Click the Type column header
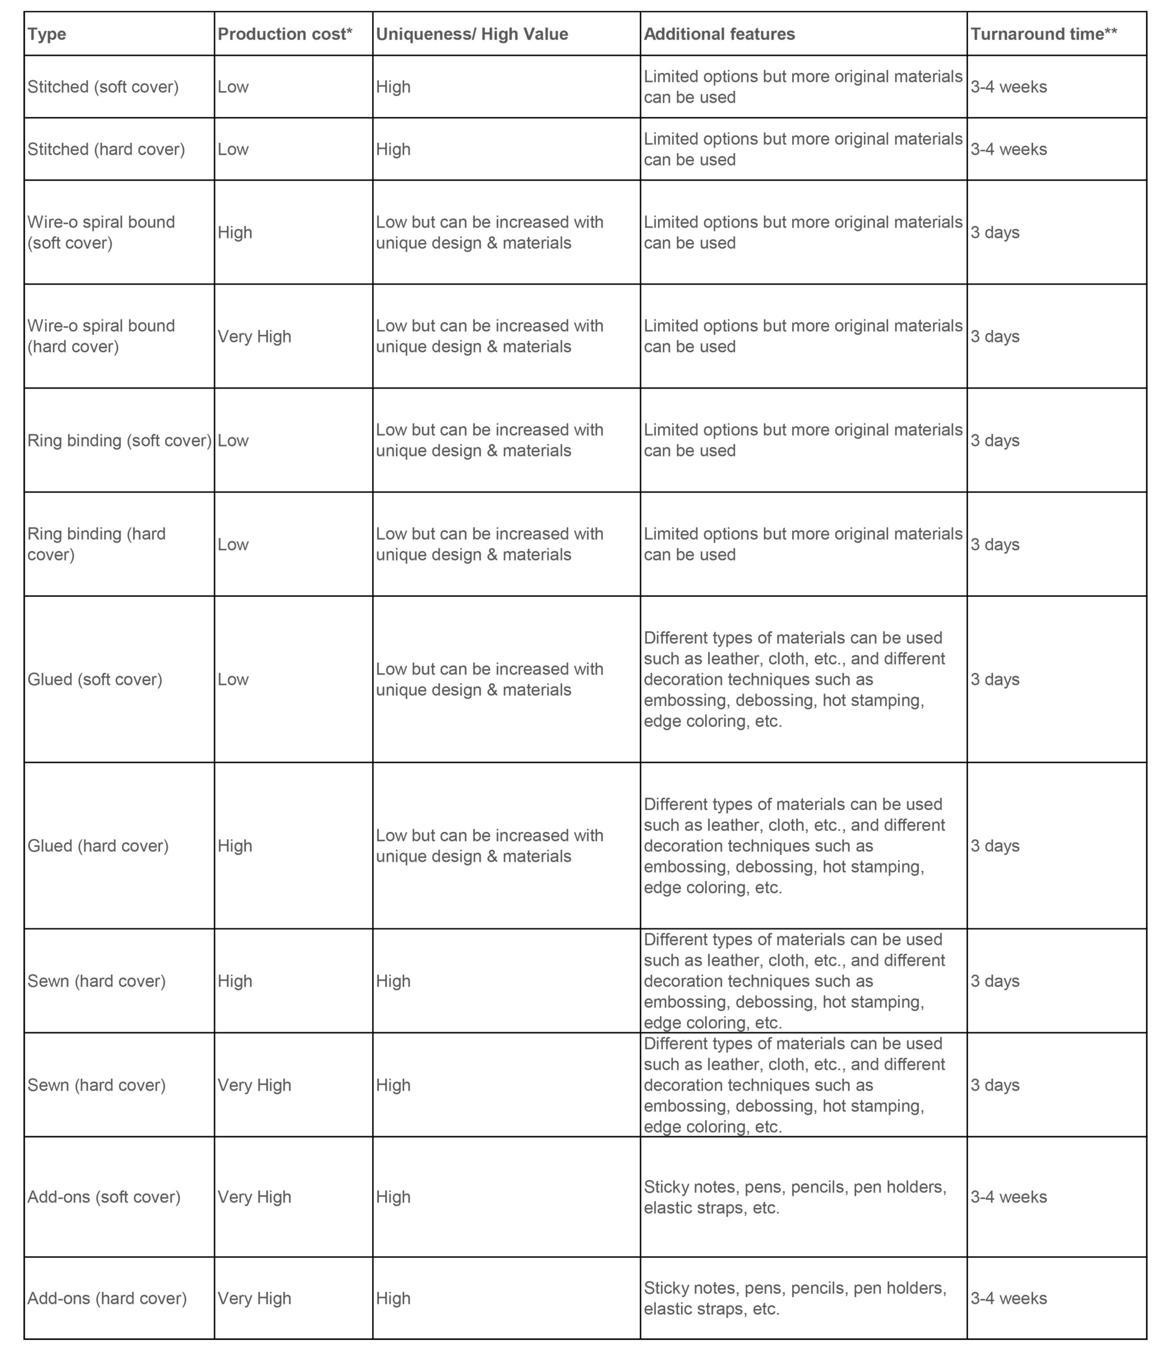(x=47, y=34)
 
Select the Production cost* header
(x=285, y=34)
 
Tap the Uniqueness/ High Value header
(x=471, y=34)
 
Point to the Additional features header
(x=719, y=34)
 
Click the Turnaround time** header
(x=1043, y=34)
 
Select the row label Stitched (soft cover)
(x=103, y=87)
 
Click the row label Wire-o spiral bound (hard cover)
(x=101, y=336)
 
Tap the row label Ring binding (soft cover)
(x=119, y=440)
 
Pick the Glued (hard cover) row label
(x=98, y=846)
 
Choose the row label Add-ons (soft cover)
(x=104, y=1197)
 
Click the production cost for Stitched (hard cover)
(x=233, y=149)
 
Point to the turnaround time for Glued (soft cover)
(x=994, y=679)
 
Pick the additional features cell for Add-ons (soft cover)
(x=794, y=1197)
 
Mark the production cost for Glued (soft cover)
(x=233, y=679)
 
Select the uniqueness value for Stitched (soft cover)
(x=393, y=87)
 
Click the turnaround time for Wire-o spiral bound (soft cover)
(x=994, y=232)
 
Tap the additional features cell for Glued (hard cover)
(x=794, y=846)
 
